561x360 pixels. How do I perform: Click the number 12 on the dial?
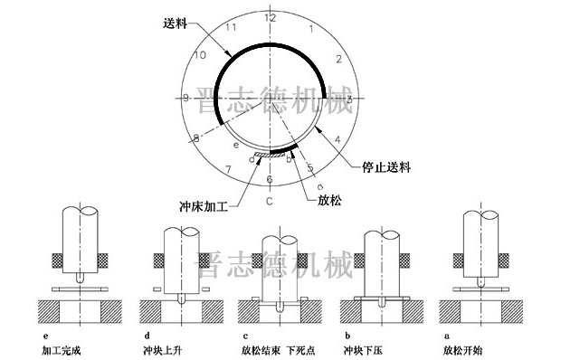[269, 17]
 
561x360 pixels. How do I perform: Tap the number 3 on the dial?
[349, 99]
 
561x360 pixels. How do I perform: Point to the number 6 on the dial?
[269, 179]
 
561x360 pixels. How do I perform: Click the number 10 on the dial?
[199, 56]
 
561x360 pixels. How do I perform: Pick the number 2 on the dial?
[338, 59]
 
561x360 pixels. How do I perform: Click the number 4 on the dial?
[337, 139]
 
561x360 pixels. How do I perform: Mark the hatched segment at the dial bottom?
[270, 156]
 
